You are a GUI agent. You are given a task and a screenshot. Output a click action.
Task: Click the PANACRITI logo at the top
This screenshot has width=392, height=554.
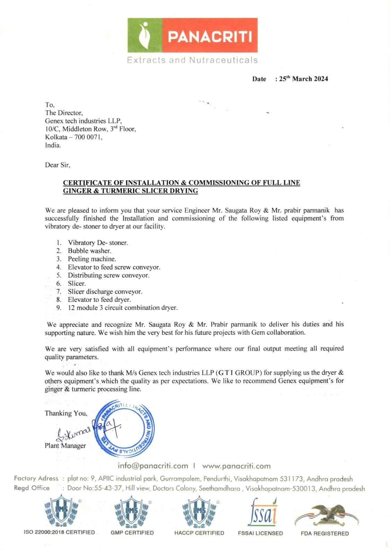click(x=193, y=36)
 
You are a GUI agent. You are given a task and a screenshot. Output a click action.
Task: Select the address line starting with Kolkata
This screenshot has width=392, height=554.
click(x=74, y=137)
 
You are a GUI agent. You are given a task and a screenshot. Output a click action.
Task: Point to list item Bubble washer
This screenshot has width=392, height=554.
click(x=89, y=251)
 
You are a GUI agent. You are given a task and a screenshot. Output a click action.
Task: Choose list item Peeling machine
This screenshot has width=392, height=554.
click(x=92, y=259)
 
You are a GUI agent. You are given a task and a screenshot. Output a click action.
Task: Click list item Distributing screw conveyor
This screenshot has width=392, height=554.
click(x=108, y=275)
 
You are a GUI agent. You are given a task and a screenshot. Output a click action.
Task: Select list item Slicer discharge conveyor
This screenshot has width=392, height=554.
click(x=105, y=292)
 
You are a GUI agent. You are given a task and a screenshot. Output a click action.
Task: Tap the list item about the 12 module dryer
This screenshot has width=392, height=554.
click(x=123, y=307)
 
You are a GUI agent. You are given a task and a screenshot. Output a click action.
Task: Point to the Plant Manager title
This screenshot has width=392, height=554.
click(x=65, y=446)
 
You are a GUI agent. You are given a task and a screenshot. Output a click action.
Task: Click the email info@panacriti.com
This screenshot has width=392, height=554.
click(x=153, y=466)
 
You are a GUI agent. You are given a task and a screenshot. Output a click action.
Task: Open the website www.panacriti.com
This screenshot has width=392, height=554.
click(x=236, y=466)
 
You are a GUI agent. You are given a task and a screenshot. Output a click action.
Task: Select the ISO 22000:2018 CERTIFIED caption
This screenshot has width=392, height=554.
click(x=59, y=533)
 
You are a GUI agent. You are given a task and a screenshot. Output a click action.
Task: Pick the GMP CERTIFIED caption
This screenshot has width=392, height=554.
click(x=132, y=533)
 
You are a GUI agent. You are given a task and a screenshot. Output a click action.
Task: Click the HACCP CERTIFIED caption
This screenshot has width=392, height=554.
click(x=199, y=533)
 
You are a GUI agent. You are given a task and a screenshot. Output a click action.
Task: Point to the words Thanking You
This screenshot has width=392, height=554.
click(x=66, y=413)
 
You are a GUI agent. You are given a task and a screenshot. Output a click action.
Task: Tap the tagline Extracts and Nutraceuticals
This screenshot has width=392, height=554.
click(x=192, y=60)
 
